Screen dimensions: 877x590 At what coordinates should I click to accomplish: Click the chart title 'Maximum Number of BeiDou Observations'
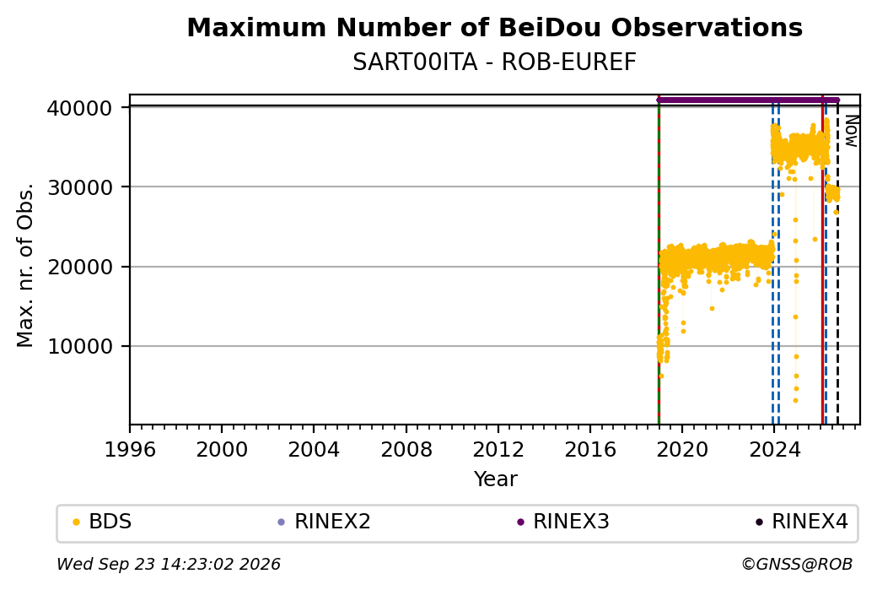[494, 28]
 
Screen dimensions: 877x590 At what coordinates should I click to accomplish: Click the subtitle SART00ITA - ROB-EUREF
[494, 62]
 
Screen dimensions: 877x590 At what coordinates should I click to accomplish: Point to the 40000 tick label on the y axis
[80, 108]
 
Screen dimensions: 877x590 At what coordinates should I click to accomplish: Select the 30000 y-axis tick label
[80, 187]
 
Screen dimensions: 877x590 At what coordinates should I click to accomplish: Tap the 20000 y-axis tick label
[80, 267]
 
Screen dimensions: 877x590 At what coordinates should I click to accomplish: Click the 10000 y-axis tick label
[80, 347]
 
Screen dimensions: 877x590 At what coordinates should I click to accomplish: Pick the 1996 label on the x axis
[130, 450]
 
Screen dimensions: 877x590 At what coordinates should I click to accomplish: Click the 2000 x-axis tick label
[222, 450]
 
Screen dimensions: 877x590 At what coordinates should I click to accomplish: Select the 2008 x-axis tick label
[406, 450]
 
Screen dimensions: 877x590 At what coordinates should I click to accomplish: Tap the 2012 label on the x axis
[498, 450]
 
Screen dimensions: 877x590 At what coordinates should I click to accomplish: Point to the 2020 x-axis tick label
[682, 450]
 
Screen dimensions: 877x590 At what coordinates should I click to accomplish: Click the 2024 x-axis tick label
[774, 450]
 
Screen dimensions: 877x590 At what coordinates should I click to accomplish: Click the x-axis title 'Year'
[496, 479]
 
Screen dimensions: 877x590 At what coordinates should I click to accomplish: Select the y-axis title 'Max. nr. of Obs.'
[25, 265]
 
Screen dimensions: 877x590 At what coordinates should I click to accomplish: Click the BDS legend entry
[102, 522]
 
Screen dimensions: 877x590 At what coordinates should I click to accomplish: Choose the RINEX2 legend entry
[325, 522]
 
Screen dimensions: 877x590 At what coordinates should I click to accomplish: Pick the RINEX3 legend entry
[563, 522]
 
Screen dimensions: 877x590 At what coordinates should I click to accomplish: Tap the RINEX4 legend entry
[801, 522]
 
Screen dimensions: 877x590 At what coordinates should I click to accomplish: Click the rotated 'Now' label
[851, 131]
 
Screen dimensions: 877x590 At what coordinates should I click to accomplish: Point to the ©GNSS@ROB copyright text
[797, 564]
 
